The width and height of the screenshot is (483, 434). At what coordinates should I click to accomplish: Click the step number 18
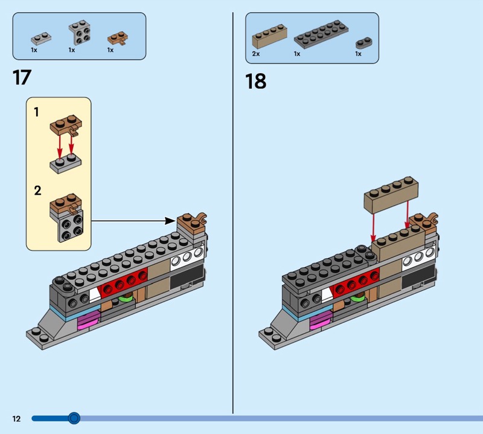coord(255,81)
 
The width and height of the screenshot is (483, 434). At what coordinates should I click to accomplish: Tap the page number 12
coord(16,418)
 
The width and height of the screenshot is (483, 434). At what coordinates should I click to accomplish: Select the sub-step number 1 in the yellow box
coord(37,112)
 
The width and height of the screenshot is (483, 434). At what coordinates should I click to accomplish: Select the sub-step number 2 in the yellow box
coord(37,191)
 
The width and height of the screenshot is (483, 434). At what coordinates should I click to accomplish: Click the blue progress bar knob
coord(74,418)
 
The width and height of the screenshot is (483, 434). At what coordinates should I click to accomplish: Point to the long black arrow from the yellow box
coord(133,221)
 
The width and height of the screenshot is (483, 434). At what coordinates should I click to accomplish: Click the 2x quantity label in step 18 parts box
coord(255,54)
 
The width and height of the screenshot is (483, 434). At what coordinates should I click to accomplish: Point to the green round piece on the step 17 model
coord(126,297)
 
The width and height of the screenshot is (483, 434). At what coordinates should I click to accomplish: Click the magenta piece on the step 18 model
coord(320,321)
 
